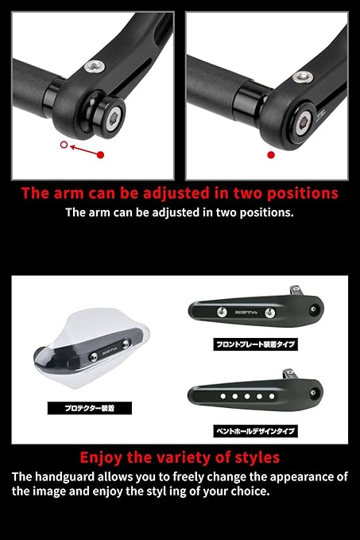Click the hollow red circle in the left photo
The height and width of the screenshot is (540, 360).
click(64, 146)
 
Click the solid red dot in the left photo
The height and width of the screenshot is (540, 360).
click(100, 155)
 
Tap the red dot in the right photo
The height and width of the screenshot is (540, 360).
click(271, 155)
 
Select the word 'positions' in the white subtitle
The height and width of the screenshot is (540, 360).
click(268, 212)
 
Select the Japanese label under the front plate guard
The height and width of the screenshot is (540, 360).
click(255, 345)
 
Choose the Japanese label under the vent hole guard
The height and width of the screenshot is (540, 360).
click(255, 431)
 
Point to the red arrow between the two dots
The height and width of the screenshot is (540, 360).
click(83, 150)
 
